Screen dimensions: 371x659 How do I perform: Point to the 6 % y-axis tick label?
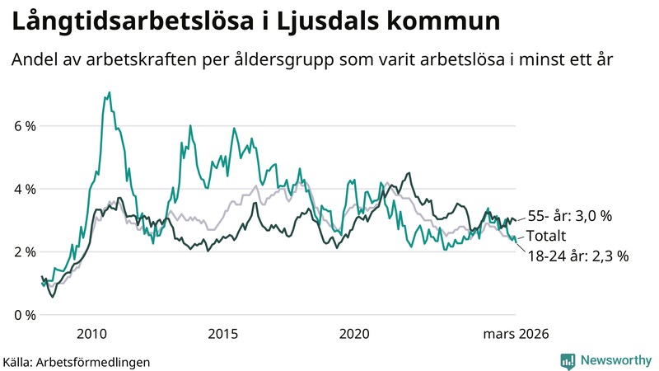[24, 126]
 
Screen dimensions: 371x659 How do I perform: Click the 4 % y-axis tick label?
[24, 189]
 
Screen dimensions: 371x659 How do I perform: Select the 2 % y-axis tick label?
[24, 251]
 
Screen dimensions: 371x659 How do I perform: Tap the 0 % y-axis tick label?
[24, 315]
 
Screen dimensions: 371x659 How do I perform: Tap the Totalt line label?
[545, 237]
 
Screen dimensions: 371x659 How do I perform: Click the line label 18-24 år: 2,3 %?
[577, 256]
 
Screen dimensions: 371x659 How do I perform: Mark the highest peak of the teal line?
[110, 92]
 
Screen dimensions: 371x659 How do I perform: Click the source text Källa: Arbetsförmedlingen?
[76, 361]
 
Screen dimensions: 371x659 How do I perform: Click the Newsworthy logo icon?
[568, 360]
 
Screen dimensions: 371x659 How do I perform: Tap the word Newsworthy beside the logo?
[615, 360]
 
